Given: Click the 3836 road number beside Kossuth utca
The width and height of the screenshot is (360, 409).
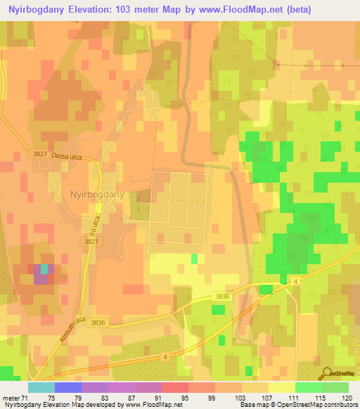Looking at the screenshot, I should tap(98, 323).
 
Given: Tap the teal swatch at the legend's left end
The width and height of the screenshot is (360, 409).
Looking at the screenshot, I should tap(41, 387).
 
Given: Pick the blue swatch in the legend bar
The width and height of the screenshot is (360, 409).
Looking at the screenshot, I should tap(68, 387).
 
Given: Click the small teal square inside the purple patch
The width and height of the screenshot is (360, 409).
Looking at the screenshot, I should tap(44, 268).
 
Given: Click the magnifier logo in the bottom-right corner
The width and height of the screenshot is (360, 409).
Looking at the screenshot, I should tap(326, 373).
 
